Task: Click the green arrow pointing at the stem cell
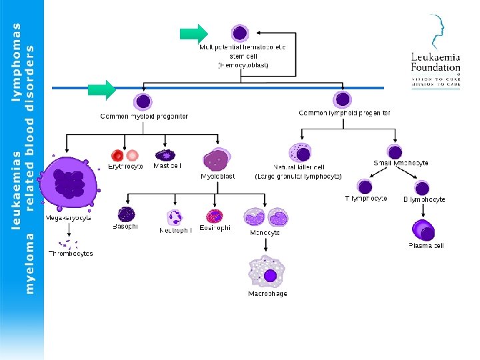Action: tap(194, 33)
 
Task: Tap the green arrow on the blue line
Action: tap(102, 89)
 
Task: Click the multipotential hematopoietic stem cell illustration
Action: tap(240, 33)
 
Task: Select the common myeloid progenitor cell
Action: tap(143, 102)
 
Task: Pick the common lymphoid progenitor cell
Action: tap(343, 100)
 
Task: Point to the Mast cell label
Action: tap(167, 165)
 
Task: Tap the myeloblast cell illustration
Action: tap(217, 161)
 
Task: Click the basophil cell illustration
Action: tap(126, 214)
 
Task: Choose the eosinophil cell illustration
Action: tap(215, 215)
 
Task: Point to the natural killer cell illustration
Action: tap(300, 153)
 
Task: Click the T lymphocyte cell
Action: tap(365, 186)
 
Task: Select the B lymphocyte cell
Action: tap(422, 187)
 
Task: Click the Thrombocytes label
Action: tap(71, 254)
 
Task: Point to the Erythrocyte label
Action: tap(126, 166)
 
